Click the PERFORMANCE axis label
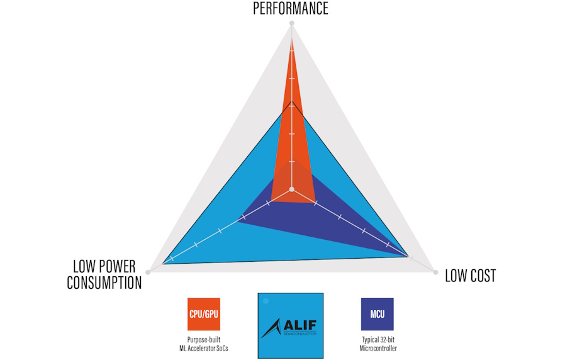pyautogui.click(x=291, y=8)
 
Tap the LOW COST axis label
pyautogui.click(x=470, y=276)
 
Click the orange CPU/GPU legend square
pyautogui.click(x=203, y=314)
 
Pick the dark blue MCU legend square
pyautogui.click(x=377, y=314)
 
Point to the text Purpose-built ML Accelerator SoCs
pyautogui.click(x=203, y=344)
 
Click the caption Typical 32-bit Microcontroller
pyautogui.click(x=377, y=344)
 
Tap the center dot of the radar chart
pyautogui.click(x=291, y=189)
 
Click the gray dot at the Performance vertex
pyautogui.click(x=291, y=24)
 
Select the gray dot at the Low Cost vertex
pyautogui.click(x=435, y=271)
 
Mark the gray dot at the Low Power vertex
pyautogui.click(x=148, y=272)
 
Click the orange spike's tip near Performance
pyautogui.click(x=291, y=39)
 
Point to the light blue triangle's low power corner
pyautogui.click(x=163, y=263)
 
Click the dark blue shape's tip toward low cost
pyautogui.click(x=409, y=256)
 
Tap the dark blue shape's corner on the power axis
pyautogui.click(x=238, y=220)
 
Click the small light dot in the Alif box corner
pyautogui.click(x=266, y=301)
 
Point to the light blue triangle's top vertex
pyautogui.click(x=291, y=101)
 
